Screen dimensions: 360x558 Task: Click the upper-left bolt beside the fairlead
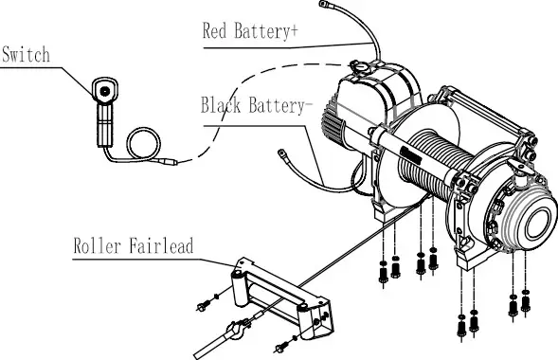coord(205,304)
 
